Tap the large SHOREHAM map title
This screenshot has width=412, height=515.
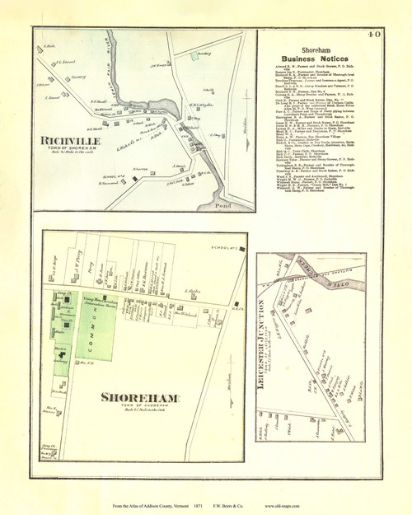[139, 398]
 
